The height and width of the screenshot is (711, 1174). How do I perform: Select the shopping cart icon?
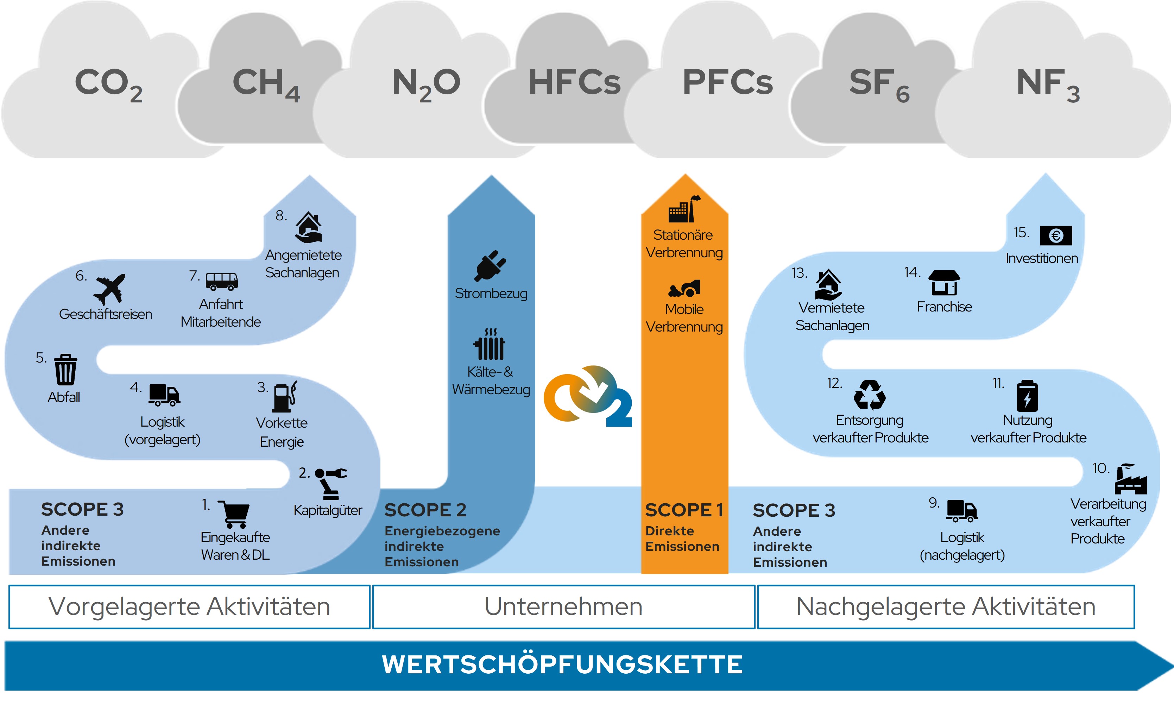234,514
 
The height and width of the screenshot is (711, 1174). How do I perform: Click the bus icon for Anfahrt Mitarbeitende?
222,281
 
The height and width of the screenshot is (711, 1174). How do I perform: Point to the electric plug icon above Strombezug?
490,265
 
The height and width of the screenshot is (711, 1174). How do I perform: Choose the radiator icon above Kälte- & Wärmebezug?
489,345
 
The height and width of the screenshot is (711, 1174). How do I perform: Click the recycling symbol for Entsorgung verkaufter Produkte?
870,395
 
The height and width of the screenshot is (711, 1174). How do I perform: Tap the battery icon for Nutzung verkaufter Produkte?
1027,396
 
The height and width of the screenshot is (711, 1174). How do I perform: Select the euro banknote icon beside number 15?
1056,235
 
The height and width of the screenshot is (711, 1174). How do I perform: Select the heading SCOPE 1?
684,510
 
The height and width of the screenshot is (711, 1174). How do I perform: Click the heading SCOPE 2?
425,510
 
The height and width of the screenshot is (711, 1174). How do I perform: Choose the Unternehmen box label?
564,606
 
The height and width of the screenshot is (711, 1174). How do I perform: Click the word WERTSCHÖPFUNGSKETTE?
562,664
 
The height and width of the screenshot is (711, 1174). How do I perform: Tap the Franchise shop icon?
944,283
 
